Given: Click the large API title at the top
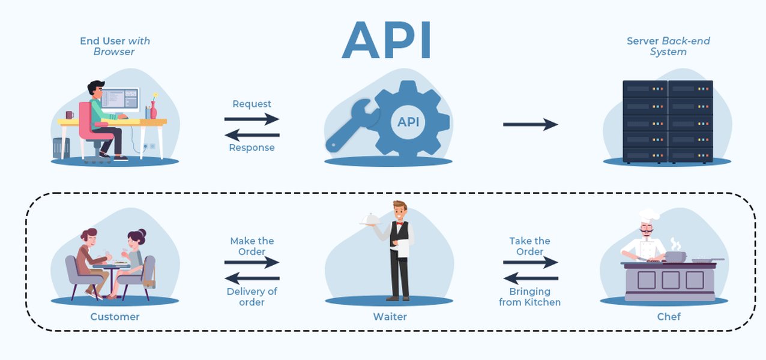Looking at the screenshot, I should [x=387, y=40].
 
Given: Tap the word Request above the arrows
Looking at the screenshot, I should [x=252, y=104].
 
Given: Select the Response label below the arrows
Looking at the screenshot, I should [x=252, y=148].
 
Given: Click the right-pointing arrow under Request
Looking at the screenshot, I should [x=252, y=119].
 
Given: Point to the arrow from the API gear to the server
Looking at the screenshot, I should [x=530, y=124].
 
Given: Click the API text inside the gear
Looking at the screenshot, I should [x=408, y=122].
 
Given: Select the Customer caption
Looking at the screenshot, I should [x=115, y=316].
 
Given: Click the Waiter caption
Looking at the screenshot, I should [x=390, y=316].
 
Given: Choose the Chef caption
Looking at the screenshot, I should [x=669, y=316].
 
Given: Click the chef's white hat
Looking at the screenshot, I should [x=648, y=214].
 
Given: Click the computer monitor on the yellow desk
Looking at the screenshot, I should [x=120, y=99].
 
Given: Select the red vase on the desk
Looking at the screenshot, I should [x=153, y=110].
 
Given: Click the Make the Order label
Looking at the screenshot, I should [x=252, y=246].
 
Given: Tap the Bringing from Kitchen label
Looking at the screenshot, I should [x=529, y=297].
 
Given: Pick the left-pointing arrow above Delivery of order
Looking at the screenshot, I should [x=252, y=278].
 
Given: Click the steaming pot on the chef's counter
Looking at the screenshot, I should [x=675, y=256].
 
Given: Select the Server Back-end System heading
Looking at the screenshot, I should [x=668, y=46].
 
